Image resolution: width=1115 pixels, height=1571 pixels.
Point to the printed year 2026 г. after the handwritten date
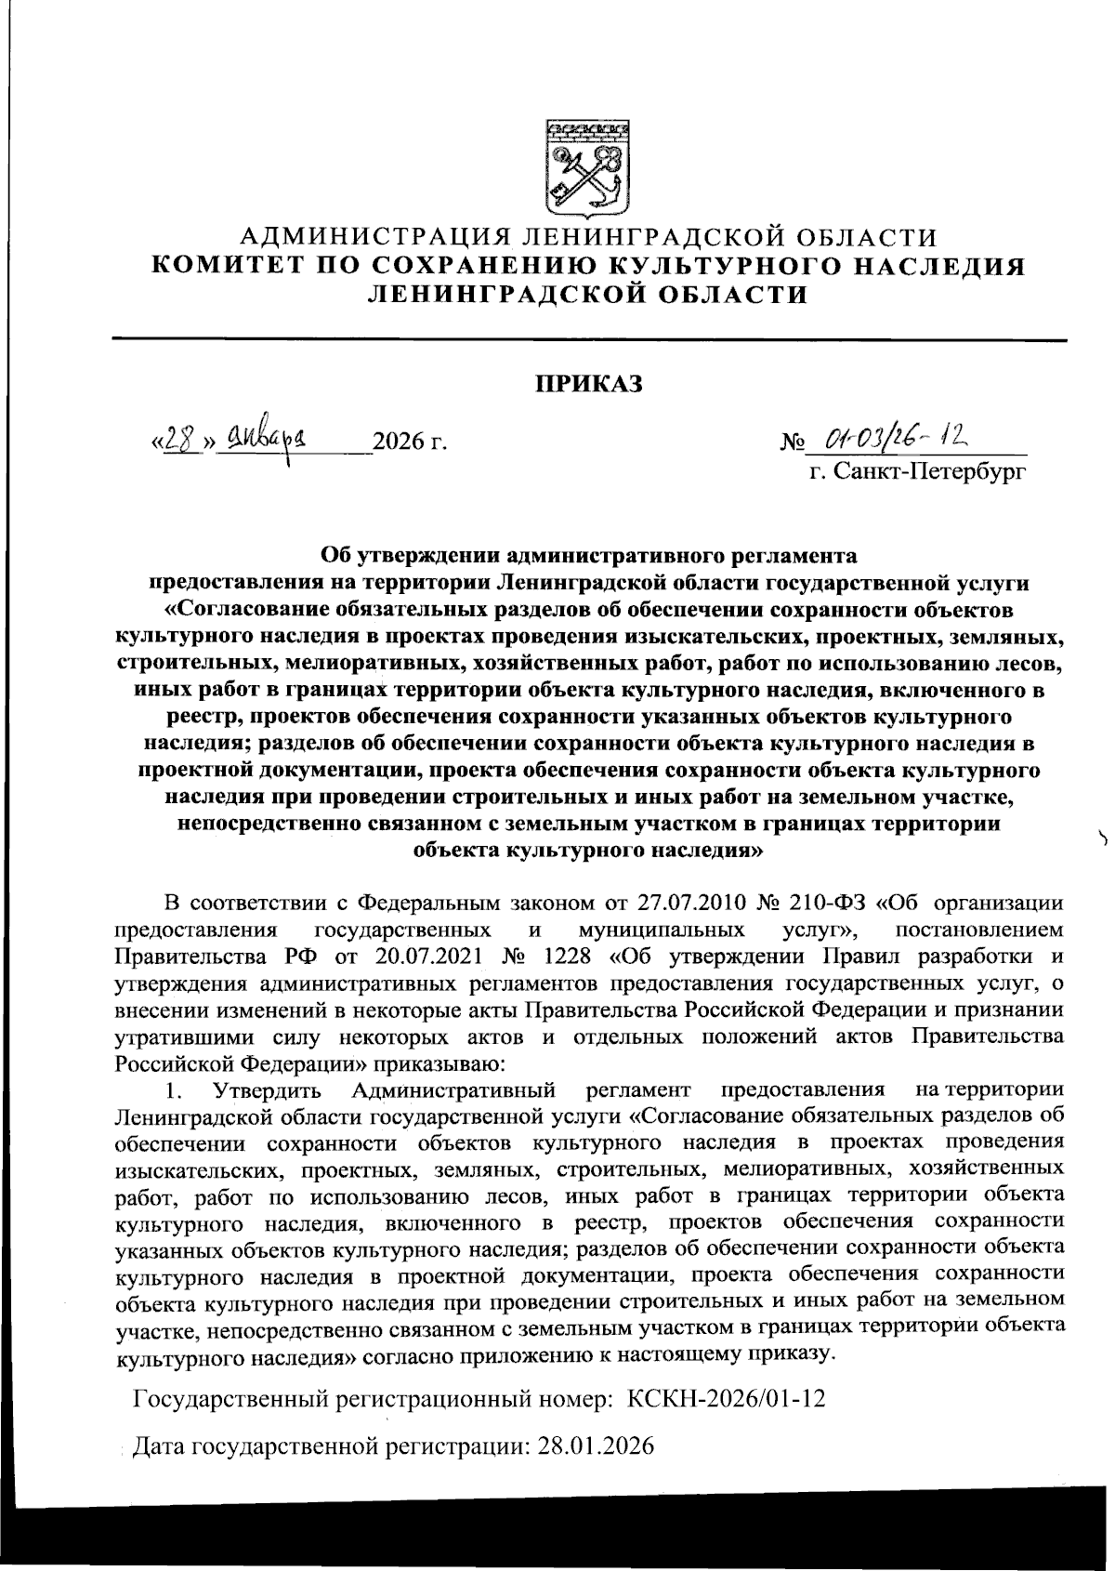click(409, 440)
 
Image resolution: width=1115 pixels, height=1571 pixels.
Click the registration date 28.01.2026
click(597, 1446)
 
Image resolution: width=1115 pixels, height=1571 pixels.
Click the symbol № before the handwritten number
click(792, 440)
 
